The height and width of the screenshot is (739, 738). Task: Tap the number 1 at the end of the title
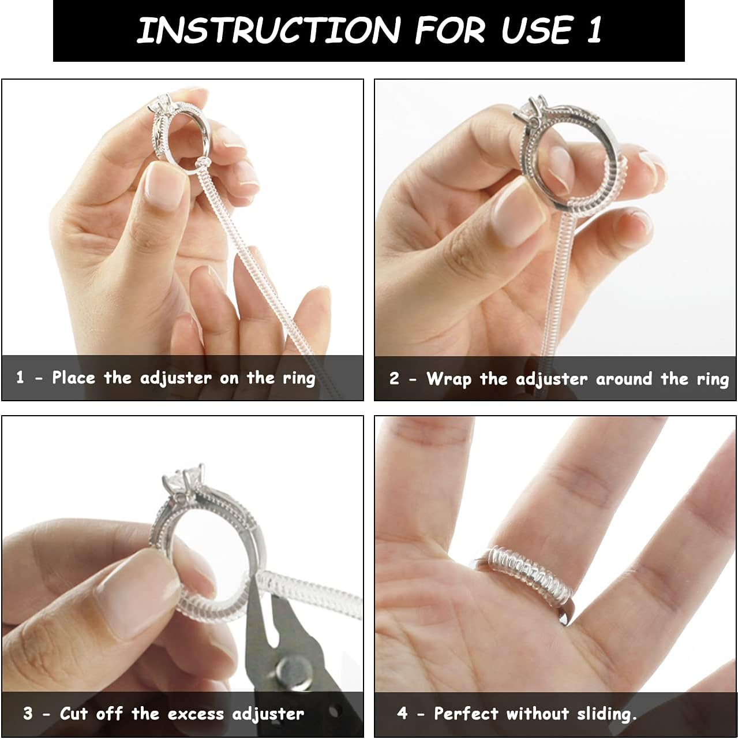point(594,30)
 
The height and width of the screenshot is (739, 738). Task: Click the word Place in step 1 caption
point(73,378)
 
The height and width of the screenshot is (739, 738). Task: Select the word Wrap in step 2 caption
point(449,379)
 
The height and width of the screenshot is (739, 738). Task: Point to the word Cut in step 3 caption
point(73,714)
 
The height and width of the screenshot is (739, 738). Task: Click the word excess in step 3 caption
point(196,714)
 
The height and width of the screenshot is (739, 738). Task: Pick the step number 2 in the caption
point(394,379)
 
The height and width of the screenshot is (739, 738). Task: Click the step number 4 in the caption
point(402,714)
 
